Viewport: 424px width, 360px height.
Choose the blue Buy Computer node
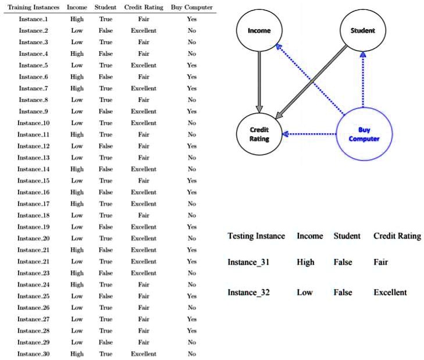coord(364,134)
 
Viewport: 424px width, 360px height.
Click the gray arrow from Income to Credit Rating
coord(259,82)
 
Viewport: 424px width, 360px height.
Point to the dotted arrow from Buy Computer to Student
coord(363,80)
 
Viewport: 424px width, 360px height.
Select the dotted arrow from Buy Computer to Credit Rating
coord(309,134)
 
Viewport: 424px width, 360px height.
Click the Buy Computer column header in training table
coord(192,8)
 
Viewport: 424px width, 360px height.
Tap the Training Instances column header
coord(34,8)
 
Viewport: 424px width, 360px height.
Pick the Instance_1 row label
coord(33,19)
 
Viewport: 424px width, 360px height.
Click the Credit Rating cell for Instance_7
coord(144,88)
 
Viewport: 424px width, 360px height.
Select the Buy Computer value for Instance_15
coord(192,181)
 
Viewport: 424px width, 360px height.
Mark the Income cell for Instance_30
coord(77,354)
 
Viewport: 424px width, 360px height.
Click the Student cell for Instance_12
coord(105,146)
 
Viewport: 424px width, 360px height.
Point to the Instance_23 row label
coord(34,273)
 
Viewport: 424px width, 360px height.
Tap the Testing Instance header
coord(256,236)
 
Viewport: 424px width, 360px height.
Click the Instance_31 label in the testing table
coord(248,262)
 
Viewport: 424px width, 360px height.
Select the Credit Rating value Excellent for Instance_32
coord(390,293)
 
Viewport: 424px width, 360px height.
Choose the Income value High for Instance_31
coord(305,262)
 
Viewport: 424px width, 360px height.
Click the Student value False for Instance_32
coord(343,293)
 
